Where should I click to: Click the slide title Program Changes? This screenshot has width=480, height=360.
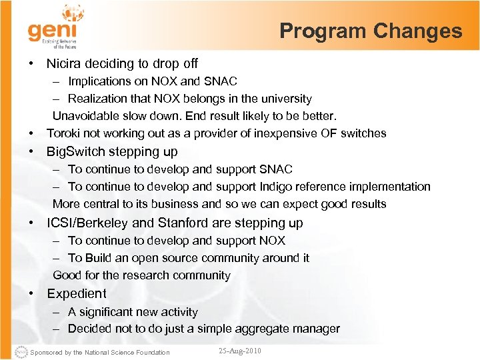pyautogui.click(x=370, y=31)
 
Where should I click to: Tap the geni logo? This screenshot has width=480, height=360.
pyautogui.click(x=53, y=27)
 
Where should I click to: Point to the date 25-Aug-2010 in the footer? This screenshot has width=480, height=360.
pyautogui.click(x=240, y=351)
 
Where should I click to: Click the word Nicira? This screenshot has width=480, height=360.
pyautogui.click(x=64, y=63)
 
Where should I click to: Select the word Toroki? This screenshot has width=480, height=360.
pyautogui.click(x=64, y=133)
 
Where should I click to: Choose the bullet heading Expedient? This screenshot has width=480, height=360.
pyautogui.click(x=77, y=293)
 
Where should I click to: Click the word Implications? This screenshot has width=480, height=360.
pyautogui.click(x=100, y=81)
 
